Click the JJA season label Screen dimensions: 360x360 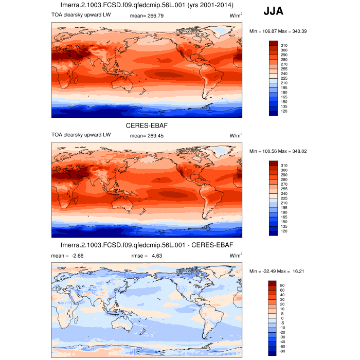(273, 11)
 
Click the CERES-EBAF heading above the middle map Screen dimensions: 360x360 (147, 125)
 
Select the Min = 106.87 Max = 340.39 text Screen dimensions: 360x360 (278, 31)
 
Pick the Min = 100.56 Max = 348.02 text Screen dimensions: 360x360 (278, 152)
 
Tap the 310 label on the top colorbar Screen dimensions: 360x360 (284, 45)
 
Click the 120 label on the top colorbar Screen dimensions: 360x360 (284, 111)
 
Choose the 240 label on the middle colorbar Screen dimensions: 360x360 (284, 193)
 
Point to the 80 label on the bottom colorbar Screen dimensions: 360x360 (283, 284)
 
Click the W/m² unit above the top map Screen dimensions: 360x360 (236, 16)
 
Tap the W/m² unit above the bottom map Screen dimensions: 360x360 (236, 255)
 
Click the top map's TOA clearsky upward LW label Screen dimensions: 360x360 (81, 15)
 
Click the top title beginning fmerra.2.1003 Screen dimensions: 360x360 (147, 5)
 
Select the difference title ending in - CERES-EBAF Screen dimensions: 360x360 (147, 244)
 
